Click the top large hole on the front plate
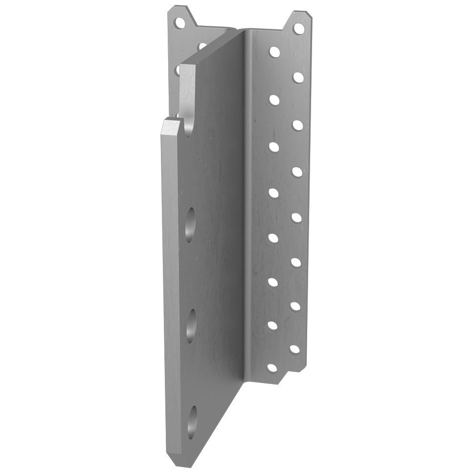click(x=190, y=224)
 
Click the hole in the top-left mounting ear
click(x=180, y=22)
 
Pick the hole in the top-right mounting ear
click(x=297, y=28)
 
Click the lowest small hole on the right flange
click(x=271, y=368)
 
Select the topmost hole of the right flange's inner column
click(x=274, y=51)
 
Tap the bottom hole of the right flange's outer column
click(x=294, y=349)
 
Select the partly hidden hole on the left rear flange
click(x=202, y=46)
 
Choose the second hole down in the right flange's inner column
click(x=274, y=99)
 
